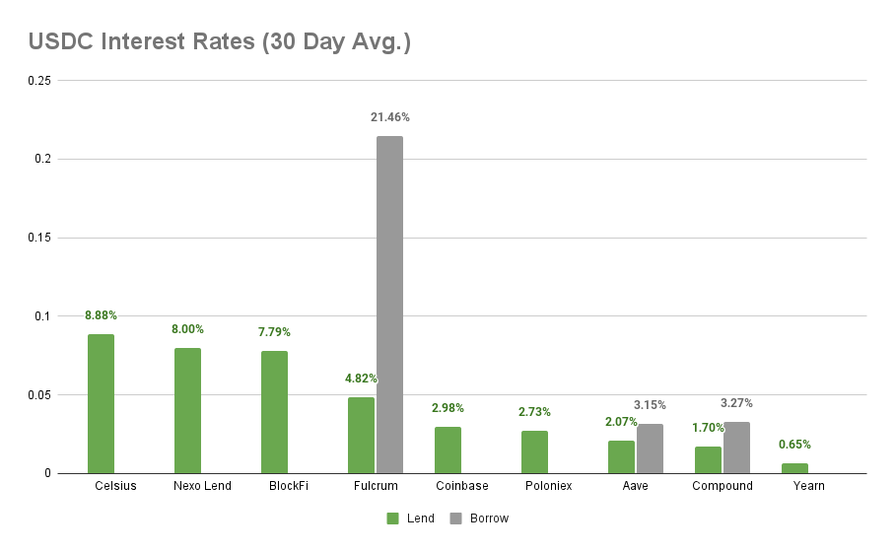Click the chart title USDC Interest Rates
pyautogui.click(x=219, y=42)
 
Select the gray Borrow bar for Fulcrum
pyautogui.click(x=389, y=305)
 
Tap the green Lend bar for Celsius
pyautogui.click(x=101, y=404)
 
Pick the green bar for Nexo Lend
pyautogui.click(x=187, y=411)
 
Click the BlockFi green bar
pyautogui.click(x=274, y=412)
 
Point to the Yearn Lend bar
pyautogui.click(x=794, y=468)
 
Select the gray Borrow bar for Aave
pyautogui.click(x=650, y=449)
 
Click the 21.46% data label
pyautogui.click(x=389, y=117)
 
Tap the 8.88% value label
pyautogui.click(x=101, y=315)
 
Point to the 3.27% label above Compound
pyautogui.click(x=736, y=403)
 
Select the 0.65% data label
pyautogui.click(x=794, y=445)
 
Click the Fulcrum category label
pyautogui.click(x=376, y=486)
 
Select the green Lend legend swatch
pyautogui.click(x=392, y=518)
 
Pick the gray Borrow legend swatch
pyautogui.click(x=455, y=518)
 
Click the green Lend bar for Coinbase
pyautogui.click(x=447, y=450)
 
